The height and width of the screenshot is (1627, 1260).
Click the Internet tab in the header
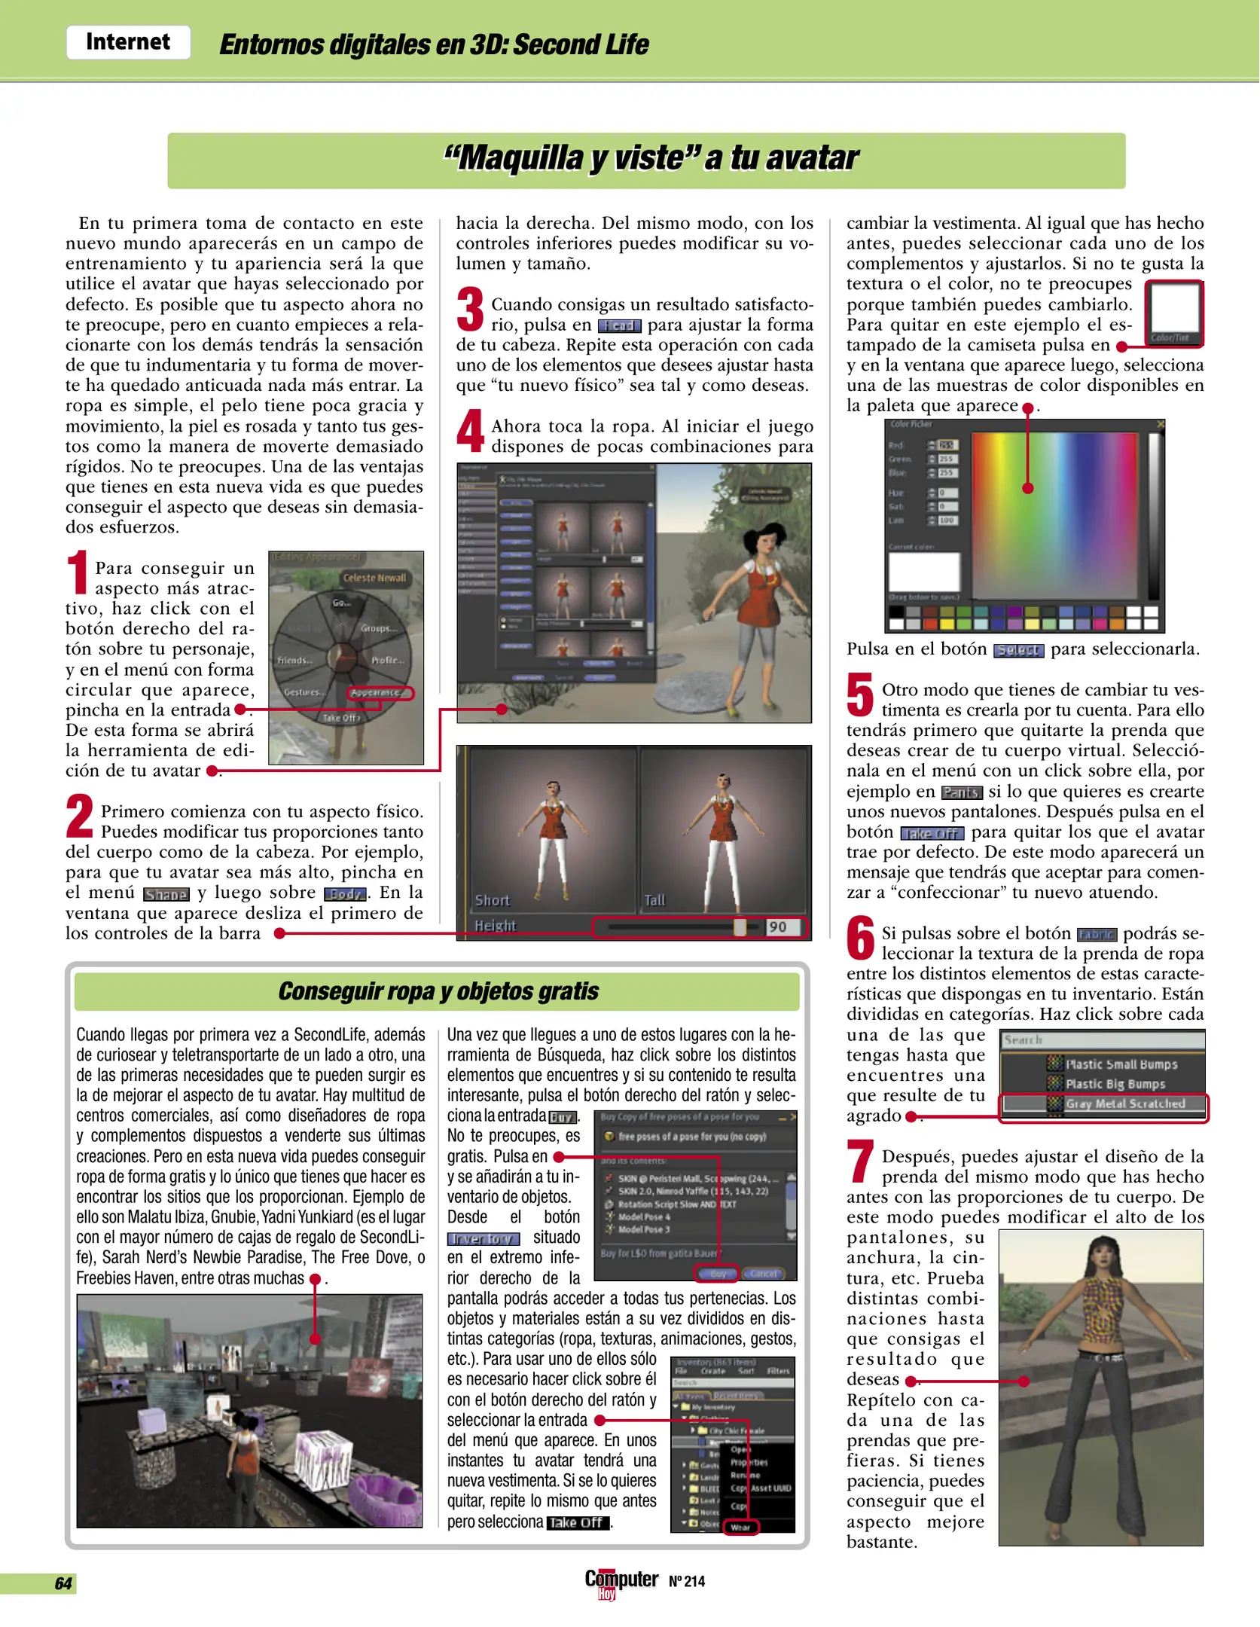pos(128,42)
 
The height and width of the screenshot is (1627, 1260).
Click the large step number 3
pos(471,310)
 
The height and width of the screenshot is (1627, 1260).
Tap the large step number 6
pos(860,939)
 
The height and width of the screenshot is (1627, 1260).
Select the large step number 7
pos(860,1161)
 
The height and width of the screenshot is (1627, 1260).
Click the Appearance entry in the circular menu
pos(380,692)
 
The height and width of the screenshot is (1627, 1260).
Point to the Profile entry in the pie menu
pos(387,660)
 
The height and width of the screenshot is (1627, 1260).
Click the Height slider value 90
pos(778,927)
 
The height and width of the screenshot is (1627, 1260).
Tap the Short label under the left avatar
pos(492,900)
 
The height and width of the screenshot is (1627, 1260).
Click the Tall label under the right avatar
pos(654,900)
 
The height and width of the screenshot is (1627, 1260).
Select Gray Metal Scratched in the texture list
pos(1124,1103)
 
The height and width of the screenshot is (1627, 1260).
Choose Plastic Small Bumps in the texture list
pos(1121,1064)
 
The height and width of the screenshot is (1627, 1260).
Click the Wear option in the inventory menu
pos(740,1528)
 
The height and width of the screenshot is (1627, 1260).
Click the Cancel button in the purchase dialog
pos(763,1274)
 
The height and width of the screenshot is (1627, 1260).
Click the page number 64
pos(63,1583)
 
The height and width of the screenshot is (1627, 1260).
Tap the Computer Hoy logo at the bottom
pos(621,1582)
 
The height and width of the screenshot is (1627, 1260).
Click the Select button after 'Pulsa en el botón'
pos(1018,650)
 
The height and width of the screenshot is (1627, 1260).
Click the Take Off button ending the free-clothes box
pos(577,1522)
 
